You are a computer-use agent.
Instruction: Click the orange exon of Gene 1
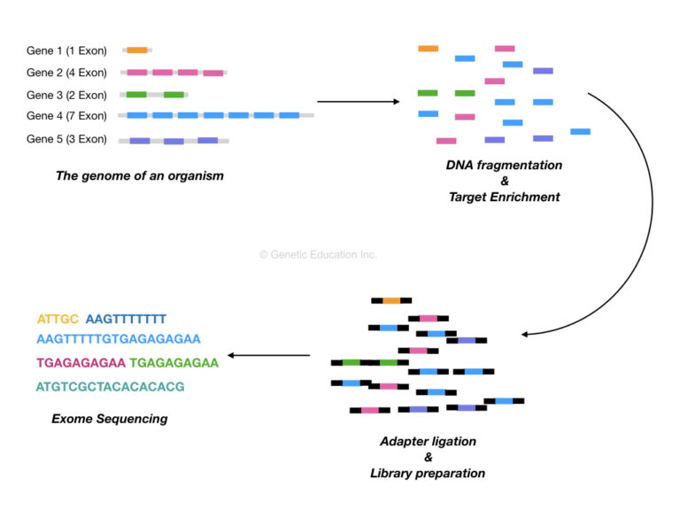[x=137, y=50]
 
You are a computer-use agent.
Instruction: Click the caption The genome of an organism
[x=139, y=175]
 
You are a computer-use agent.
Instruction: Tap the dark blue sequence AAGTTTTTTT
[x=126, y=319]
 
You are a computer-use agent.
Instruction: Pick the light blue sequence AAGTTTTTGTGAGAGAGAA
[x=119, y=339]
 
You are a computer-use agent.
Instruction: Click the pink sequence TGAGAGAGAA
[x=81, y=362]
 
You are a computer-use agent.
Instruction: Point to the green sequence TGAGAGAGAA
[x=174, y=362]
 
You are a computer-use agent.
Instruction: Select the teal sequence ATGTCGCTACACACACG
[x=110, y=386]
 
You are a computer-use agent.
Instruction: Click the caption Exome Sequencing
[x=109, y=419]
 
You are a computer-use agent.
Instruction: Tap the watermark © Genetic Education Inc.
[x=318, y=254]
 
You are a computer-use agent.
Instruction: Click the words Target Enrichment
[x=504, y=197]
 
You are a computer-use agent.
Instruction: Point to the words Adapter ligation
[x=428, y=441]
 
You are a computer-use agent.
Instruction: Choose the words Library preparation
[x=428, y=474]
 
